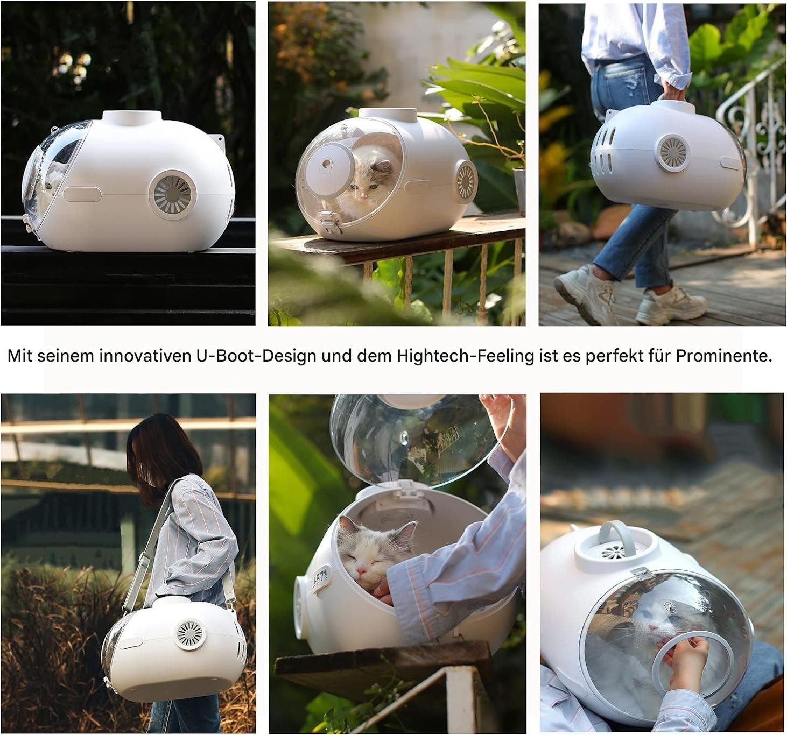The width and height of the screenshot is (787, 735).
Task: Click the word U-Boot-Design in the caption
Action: tap(256, 356)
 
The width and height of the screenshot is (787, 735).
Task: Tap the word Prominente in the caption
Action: tap(724, 356)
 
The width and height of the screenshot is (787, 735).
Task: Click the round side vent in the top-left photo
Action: tap(172, 195)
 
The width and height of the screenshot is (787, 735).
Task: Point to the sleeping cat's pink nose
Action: tap(361, 570)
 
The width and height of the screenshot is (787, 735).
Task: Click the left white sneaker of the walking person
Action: tap(585, 294)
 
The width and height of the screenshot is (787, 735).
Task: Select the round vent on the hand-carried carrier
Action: tap(673, 153)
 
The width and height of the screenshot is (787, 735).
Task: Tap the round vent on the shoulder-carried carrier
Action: tap(189, 634)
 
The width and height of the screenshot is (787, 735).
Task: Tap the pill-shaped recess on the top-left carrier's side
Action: tap(82, 195)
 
